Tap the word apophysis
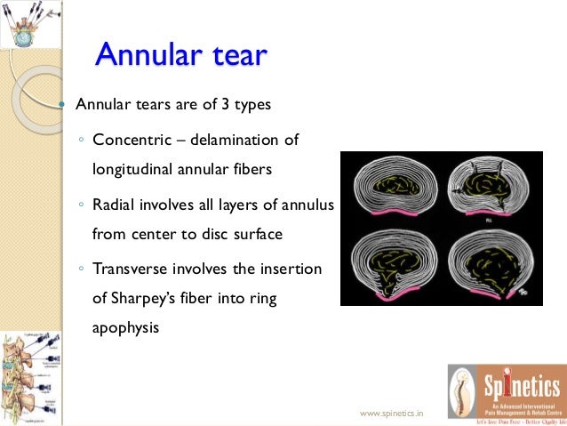pos(125,327)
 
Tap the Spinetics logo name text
pos(521,386)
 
